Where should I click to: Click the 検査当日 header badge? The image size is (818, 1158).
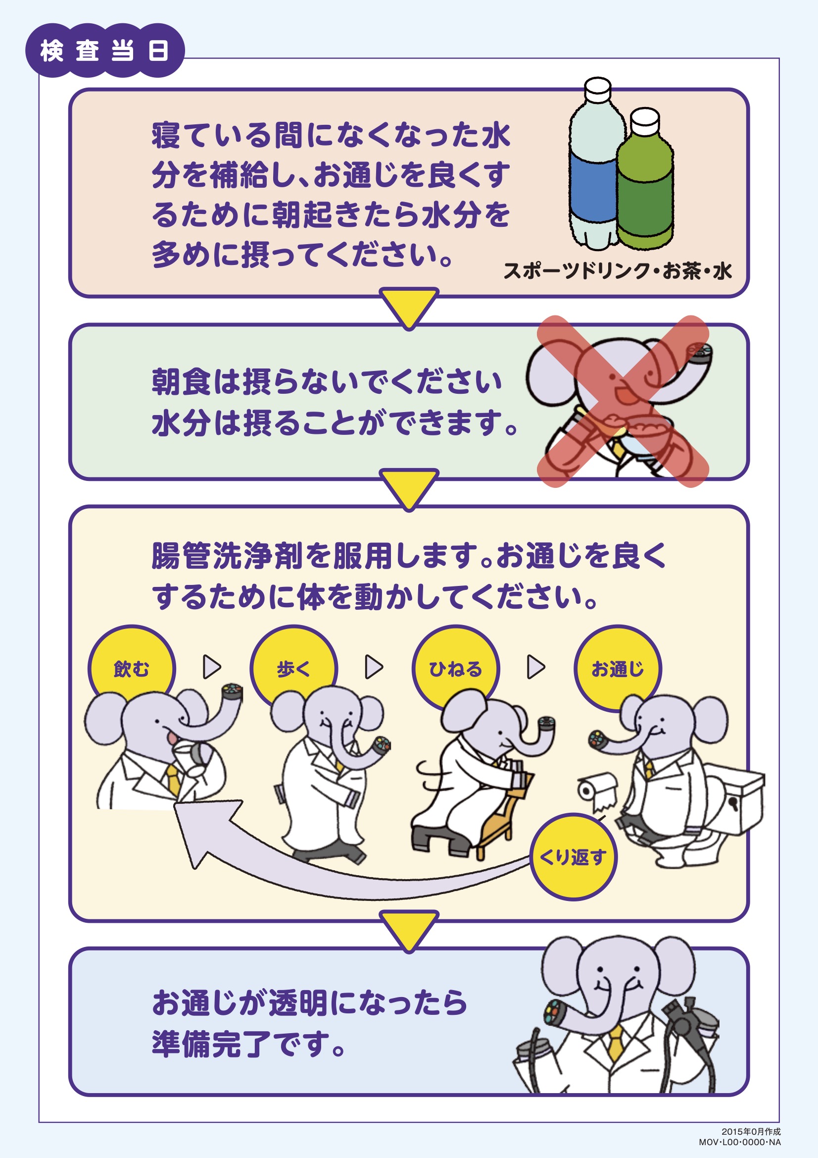click(x=105, y=51)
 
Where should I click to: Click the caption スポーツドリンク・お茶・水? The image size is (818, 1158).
click(x=618, y=271)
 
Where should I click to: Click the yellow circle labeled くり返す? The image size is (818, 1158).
click(x=573, y=857)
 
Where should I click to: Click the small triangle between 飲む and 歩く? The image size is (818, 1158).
click(x=212, y=667)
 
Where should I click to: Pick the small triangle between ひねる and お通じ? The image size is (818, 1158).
click(x=536, y=667)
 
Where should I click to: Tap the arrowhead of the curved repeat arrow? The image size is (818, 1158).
click(x=196, y=827)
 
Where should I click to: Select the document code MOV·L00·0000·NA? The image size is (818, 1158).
click(x=739, y=1142)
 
